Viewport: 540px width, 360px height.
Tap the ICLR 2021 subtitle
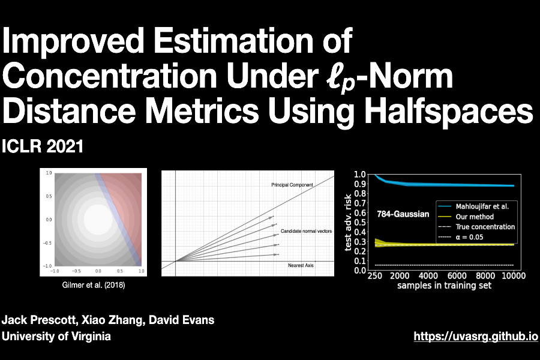click(x=43, y=146)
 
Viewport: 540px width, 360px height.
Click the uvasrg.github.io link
click(x=475, y=337)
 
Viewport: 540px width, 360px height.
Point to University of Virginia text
click(x=56, y=337)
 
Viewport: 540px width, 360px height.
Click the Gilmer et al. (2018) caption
click(x=94, y=285)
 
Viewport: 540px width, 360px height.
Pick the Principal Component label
click(x=292, y=185)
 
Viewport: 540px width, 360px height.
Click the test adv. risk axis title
click(x=347, y=222)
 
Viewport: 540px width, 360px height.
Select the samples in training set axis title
click(x=444, y=286)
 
